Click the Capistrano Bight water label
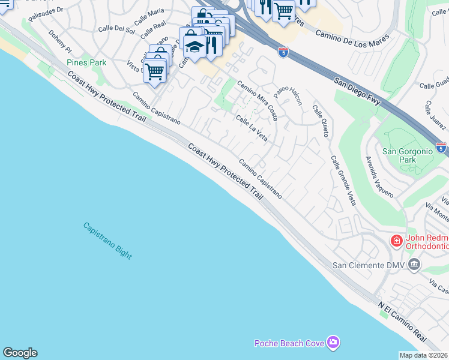107,241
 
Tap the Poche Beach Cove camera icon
333,343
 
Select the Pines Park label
86,62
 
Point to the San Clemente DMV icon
414,265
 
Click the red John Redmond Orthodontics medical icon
396,241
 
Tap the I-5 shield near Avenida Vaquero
441,147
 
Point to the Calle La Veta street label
252,128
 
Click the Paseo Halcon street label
288,95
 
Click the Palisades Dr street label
46,14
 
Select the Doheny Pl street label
60,41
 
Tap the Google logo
20,353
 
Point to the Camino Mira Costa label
257,99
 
